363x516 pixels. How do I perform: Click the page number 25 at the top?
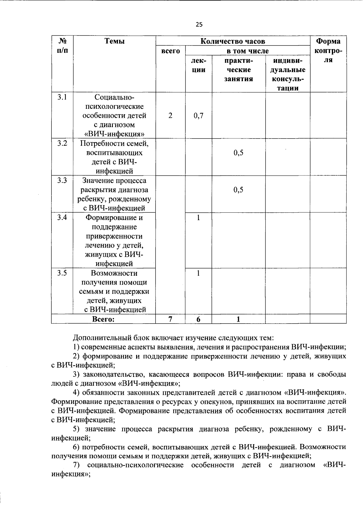click(x=199, y=25)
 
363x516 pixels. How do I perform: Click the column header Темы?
click(x=114, y=41)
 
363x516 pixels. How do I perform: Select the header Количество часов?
click(x=233, y=41)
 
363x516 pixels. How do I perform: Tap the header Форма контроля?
click(x=328, y=51)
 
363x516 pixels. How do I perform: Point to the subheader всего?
click(x=171, y=51)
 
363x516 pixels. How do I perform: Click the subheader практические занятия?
click(x=238, y=70)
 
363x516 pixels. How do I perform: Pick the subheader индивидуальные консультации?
click(x=288, y=74)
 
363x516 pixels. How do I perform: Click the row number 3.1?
click(x=62, y=97)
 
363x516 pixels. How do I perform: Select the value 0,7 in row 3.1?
click(x=198, y=115)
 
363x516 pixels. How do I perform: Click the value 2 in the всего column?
click(x=171, y=115)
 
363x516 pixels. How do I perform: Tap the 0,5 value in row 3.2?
click(x=238, y=153)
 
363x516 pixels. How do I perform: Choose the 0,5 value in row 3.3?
click(x=238, y=190)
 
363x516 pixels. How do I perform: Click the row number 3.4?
click(x=62, y=217)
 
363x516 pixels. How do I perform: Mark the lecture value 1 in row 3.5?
click(x=198, y=273)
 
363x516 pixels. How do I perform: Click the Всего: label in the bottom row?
click(x=103, y=319)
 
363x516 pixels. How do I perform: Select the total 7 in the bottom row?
click(x=171, y=319)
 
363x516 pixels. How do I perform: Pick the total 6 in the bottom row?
click(x=198, y=319)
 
